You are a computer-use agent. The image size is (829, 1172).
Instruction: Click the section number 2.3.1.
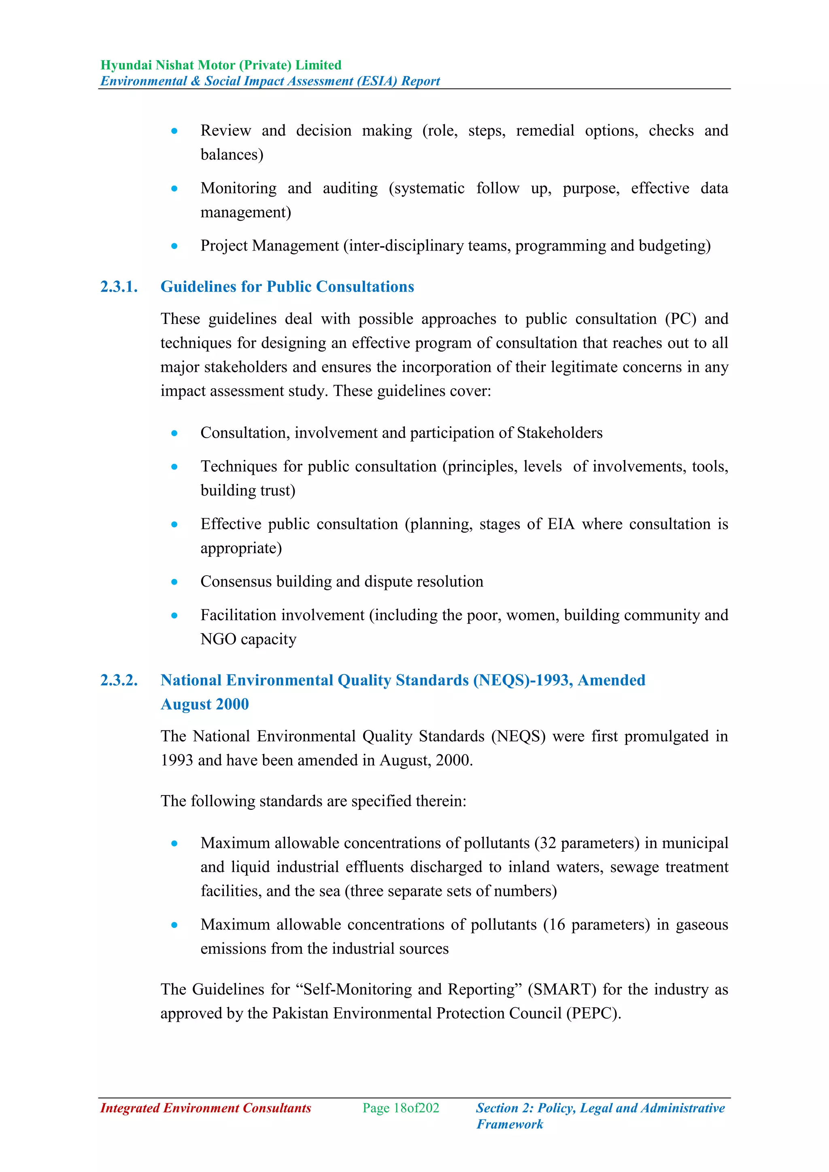click(x=119, y=287)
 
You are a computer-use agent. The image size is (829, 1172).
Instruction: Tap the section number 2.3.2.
click(x=119, y=681)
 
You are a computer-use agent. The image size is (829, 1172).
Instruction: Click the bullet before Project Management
click(x=174, y=246)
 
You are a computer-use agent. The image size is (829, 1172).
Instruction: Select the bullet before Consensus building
click(x=174, y=582)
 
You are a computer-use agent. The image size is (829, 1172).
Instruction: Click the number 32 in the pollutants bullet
click(x=548, y=843)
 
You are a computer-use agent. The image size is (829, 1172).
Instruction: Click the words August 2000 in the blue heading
click(x=205, y=704)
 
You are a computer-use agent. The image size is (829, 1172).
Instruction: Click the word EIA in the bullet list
click(x=561, y=524)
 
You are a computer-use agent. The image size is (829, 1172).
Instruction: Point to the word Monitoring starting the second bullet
click(x=238, y=188)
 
